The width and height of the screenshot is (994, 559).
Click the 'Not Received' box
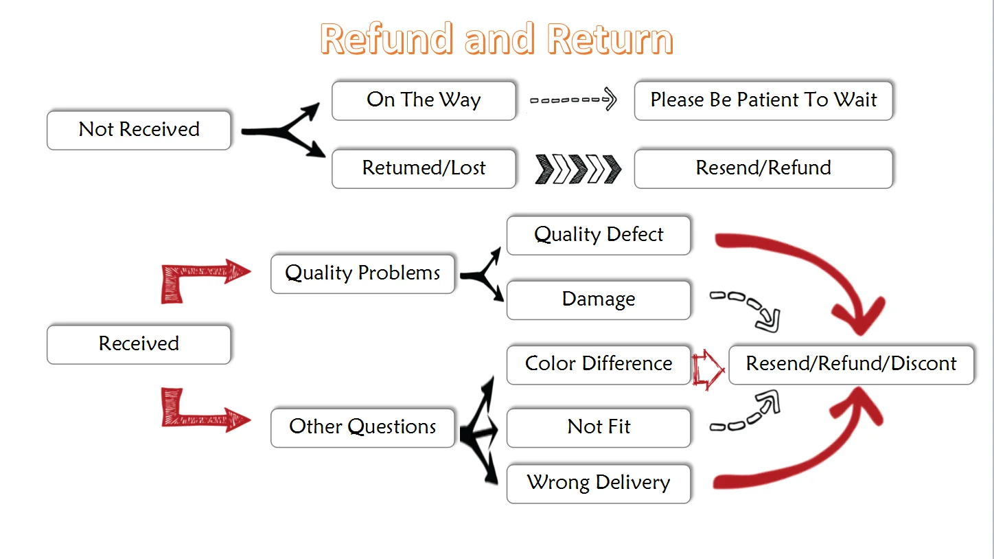click(x=139, y=130)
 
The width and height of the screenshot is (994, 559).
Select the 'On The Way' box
click(x=424, y=100)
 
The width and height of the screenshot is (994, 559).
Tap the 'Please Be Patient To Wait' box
click(x=763, y=100)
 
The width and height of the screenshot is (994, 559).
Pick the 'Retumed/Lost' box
click(x=424, y=169)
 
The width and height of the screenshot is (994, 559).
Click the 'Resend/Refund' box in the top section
click(x=763, y=169)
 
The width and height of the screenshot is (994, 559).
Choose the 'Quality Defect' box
click(x=599, y=236)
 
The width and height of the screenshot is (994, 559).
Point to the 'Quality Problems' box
click(x=362, y=274)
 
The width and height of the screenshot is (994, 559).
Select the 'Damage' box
click(x=599, y=300)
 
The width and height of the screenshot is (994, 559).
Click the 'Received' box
click(x=139, y=345)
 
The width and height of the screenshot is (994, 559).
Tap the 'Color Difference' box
click(x=599, y=365)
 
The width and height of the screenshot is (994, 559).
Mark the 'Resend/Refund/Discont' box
click(x=851, y=365)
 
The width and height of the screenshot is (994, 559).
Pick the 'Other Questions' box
click(x=362, y=428)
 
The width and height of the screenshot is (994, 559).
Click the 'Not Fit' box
click(x=599, y=428)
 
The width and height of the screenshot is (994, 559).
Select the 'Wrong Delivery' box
click(x=599, y=483)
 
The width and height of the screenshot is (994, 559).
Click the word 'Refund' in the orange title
click(x=386, y=39)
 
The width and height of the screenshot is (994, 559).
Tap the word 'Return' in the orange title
click(x=610, y=39)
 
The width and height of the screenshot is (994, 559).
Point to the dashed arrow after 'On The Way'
click(x=573, y=100)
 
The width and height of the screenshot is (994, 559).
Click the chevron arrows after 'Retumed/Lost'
click(x=578, y=169)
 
